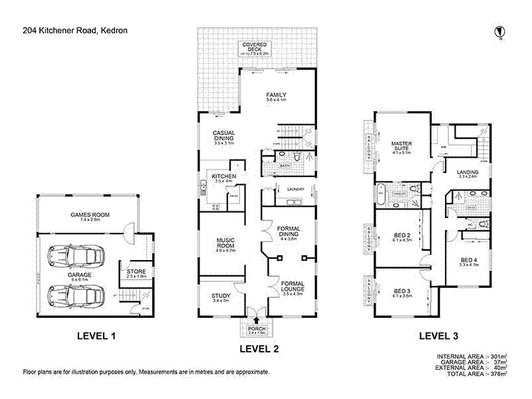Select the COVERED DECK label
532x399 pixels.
coord(254,47)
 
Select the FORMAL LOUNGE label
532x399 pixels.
coord(293,287)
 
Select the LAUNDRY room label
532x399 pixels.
coord(295,190)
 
